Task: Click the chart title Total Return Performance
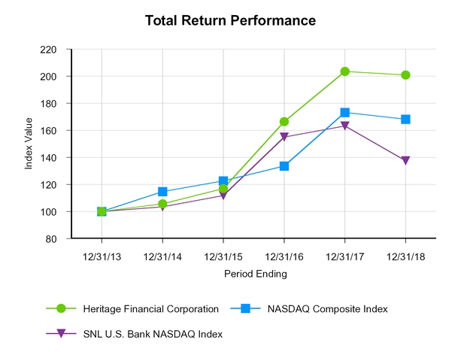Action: [230, 20]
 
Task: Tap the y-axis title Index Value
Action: [29, 144]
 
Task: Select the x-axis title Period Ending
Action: [255, 274]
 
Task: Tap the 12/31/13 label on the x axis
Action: [102, 256]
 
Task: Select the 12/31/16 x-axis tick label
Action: [284, 256]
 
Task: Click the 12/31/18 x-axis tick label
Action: [405, 256]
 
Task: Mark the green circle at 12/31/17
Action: [344, 71]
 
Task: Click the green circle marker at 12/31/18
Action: [405, 75]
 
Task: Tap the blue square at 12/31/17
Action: [344, 113]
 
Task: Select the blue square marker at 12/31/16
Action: [284, 166]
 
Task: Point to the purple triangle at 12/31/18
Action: [405, 160]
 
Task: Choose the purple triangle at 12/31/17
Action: [344, 126]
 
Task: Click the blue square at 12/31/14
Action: [162, 192]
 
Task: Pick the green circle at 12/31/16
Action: [284, 122]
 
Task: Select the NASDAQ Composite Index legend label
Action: [329, 308]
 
